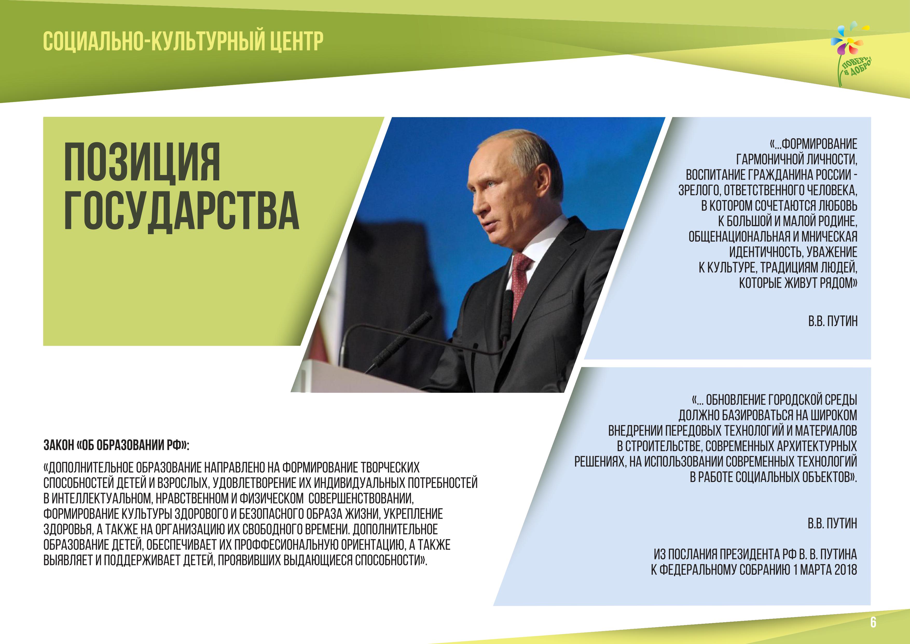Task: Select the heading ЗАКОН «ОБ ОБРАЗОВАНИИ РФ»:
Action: tap(116, 446)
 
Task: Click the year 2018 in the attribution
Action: tap(845, 570)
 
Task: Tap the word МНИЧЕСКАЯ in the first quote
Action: tap(830, 236)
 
